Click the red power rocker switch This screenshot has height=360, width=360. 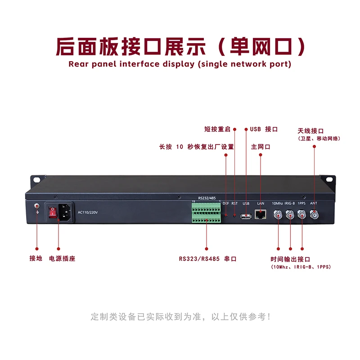53,212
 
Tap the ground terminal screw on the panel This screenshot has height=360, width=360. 37,207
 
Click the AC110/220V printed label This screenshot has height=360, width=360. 88,212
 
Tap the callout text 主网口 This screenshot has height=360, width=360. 261,147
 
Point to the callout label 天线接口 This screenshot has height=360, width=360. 310,130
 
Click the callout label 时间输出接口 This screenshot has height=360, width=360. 290,259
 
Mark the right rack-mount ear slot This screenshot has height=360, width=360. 330,180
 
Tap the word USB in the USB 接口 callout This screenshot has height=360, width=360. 255,129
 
